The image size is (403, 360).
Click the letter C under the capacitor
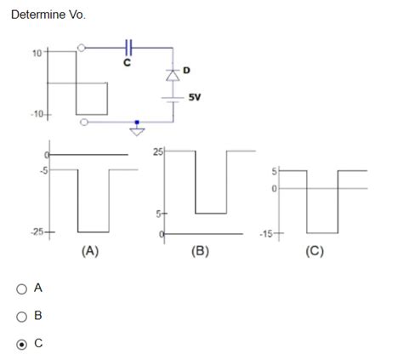(128, 61)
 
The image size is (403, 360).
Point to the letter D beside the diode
(186, 68)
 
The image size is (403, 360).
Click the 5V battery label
(195, 96)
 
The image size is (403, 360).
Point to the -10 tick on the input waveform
(38, 114)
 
